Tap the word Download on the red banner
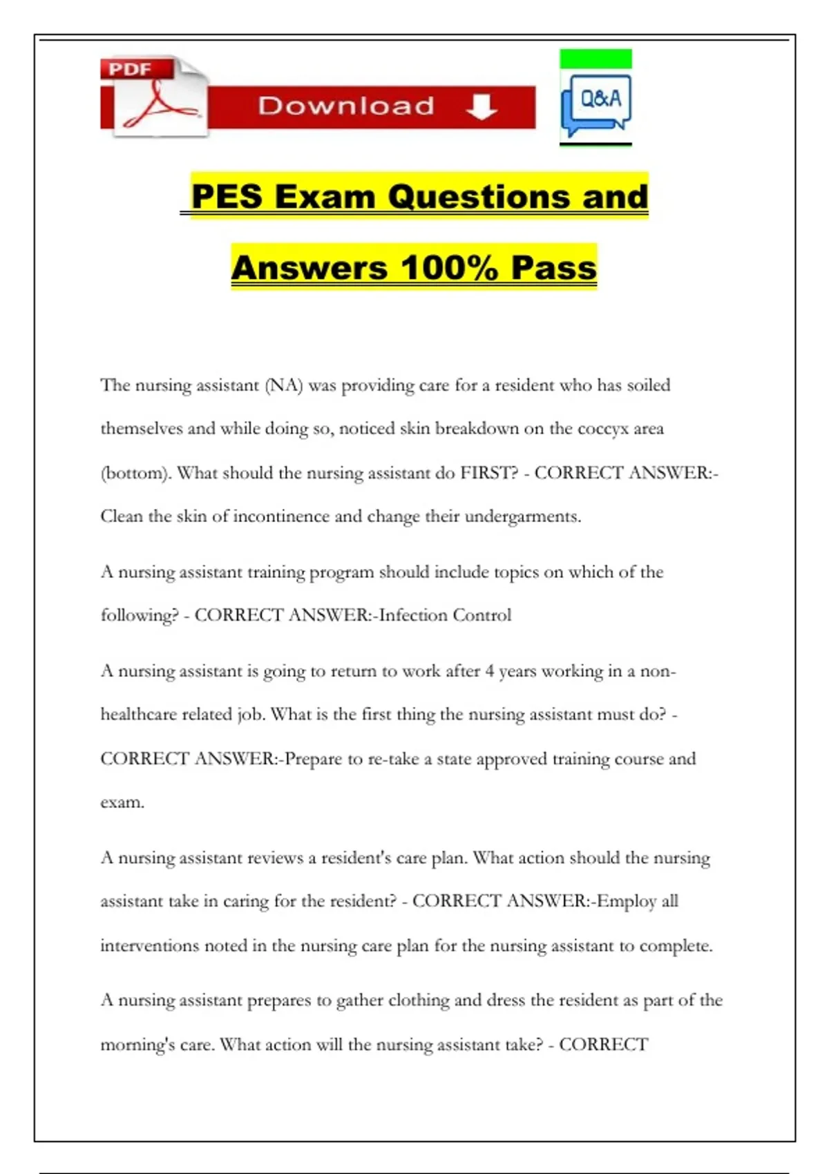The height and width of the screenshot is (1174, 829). tap(346, 106)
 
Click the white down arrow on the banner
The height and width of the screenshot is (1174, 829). tap(482, 106)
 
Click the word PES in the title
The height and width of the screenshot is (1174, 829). tap(227, 196)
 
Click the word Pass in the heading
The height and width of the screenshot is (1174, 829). tap(553, 268)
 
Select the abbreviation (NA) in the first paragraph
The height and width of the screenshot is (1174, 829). tap(284, 385)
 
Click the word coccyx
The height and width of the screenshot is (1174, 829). tap(603, 429)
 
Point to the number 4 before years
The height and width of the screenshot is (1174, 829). tap(489, 671)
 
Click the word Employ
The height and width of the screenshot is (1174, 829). tap(627, 901)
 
